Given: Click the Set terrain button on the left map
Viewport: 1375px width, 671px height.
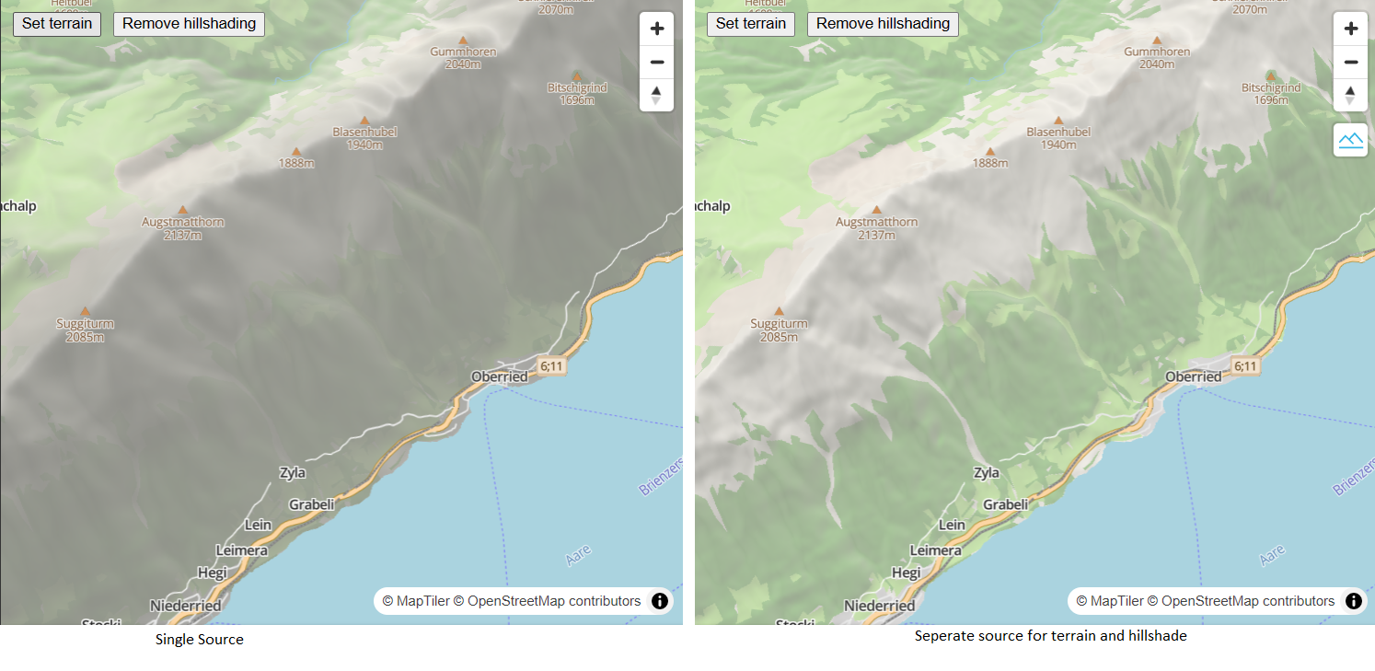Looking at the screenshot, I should coord(57,24).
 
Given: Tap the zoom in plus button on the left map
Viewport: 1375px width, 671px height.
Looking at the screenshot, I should coord(656,29).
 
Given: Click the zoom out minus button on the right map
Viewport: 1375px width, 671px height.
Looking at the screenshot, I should coord(1350,62).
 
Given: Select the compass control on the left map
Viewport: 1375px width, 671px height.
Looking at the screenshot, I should coord(656,95).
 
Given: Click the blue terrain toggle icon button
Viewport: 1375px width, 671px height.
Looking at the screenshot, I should coord(1350,140).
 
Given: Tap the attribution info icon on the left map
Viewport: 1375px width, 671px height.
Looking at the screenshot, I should coord(660,601).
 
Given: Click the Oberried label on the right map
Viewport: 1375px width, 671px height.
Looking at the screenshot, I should coord(1193,376).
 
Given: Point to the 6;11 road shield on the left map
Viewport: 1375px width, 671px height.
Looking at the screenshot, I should coord(551,366).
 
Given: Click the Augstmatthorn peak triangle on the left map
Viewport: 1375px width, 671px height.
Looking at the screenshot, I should coord(182,210).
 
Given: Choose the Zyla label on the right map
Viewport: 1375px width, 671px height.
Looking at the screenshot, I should coord(986,473).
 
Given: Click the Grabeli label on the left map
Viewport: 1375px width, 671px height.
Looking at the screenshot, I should coord(311,504).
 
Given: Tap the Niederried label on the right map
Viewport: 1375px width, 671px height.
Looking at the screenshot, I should coord(879,606).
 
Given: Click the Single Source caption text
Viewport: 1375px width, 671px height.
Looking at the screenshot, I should coord(199,639).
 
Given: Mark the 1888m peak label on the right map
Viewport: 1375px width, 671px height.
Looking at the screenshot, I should coord(990,163).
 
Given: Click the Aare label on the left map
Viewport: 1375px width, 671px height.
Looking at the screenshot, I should coord(578,555).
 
